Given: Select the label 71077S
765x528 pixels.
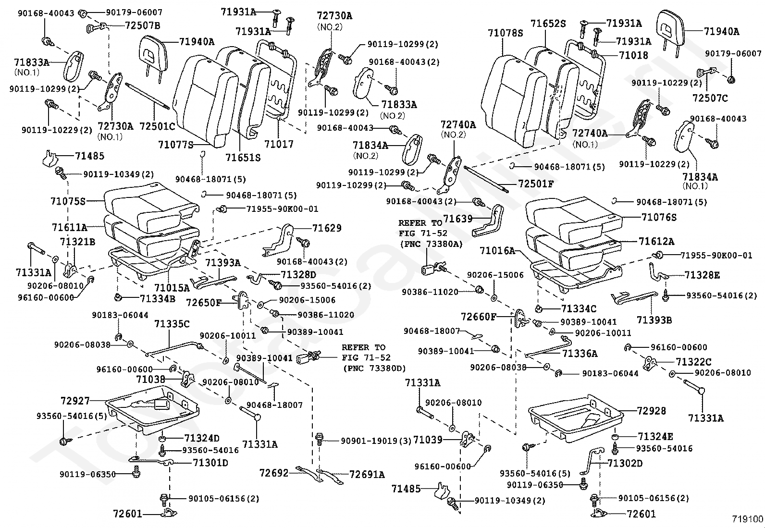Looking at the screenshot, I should [176, 144].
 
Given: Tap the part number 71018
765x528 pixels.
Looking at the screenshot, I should [633, 56].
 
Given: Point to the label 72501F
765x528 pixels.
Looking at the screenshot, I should [535, 184].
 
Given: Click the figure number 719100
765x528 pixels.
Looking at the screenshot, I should [747, 519].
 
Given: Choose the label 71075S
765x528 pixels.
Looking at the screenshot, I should [68, 201].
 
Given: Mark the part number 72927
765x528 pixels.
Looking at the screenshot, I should [75, 400].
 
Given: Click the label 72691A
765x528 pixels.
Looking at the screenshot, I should [367, 475].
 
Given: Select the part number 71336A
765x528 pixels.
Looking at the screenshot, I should [580, 354].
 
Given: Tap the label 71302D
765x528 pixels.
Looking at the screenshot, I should [625, 464].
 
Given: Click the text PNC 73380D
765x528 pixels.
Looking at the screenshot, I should [374, 368].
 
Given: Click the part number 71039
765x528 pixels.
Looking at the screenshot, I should [428, 440].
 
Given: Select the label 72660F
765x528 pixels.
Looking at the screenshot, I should [479, 317].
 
